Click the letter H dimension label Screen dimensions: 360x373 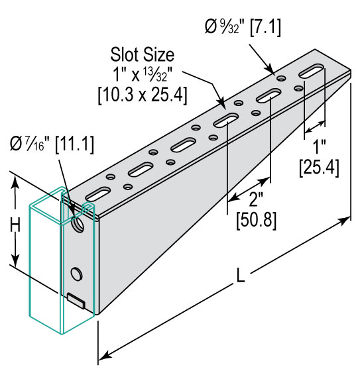coord(15,225)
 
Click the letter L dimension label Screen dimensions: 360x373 coord(241,276)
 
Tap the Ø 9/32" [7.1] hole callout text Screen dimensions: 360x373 coord(243,27)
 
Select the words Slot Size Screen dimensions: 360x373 coord(143,55)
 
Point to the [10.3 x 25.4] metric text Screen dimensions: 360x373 coord(143,95)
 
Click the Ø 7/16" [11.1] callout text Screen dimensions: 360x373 coord(52,144)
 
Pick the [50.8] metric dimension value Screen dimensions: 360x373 coord(257,219)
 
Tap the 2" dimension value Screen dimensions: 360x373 coord(256,199)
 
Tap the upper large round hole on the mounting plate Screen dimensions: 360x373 coord(78,224)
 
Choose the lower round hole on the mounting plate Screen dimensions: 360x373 coord(77,274)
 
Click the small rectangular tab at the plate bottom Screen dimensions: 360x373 coord(76,301)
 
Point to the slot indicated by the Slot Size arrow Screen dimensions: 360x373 coord(226,120)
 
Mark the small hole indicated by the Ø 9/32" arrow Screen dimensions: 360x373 coord(281,78)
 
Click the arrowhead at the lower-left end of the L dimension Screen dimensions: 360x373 coord(105,356)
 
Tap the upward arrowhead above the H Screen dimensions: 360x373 coord(15,182)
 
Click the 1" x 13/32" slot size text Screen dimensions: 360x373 coord(143,75)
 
